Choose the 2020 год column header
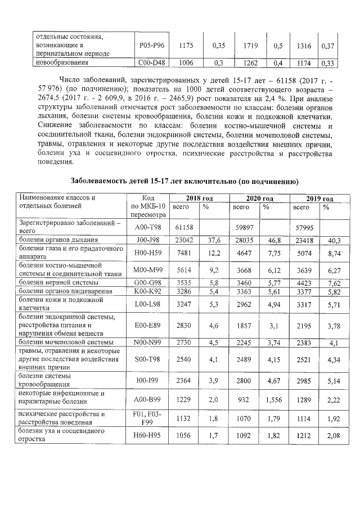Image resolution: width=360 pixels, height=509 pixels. tap(259, 199)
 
